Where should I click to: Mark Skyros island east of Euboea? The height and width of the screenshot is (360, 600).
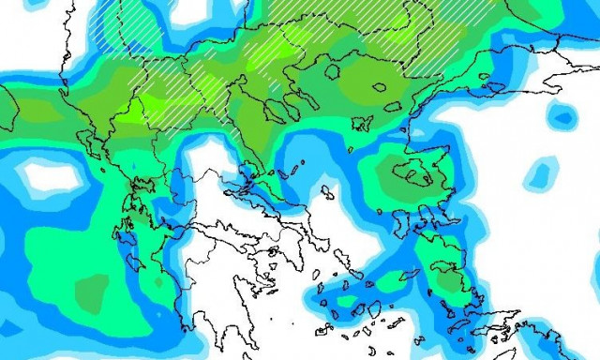tap(327, 193)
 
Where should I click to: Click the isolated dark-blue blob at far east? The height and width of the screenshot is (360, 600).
tap(562, 117)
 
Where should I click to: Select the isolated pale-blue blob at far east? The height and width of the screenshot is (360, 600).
tap(542, 173)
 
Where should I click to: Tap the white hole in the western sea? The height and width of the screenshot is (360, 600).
tap(47, 174)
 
